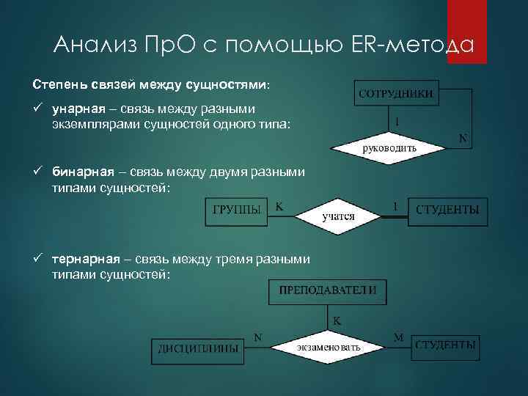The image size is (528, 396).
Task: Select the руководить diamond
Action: pyautogui.click(x=389, y=147)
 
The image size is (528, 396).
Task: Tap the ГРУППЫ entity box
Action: pyautogui.click(x=237, y=210)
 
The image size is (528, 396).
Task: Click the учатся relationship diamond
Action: pyautogui.click(x=338, y=216)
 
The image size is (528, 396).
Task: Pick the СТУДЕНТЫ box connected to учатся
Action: pyautogui.click(x=447, y=210)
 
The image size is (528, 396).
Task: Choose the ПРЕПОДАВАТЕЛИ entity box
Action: pyautogui.click(x=328, y=290)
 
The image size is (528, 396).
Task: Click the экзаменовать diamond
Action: pyautogui.click(x=328, y=346)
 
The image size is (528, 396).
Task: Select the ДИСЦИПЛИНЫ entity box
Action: pyautogui.click(x=198, y=349)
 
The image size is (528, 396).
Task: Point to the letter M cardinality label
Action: pyautogui.click(x=398, y=337)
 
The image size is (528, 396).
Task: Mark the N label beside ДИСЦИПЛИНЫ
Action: pyautogui.click(x=258, y=337)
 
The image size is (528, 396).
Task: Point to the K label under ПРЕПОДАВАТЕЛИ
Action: pyautogui.click(x=337, y=320)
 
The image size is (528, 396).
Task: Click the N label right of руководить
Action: pyautogui.click(x=463, y=137)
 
